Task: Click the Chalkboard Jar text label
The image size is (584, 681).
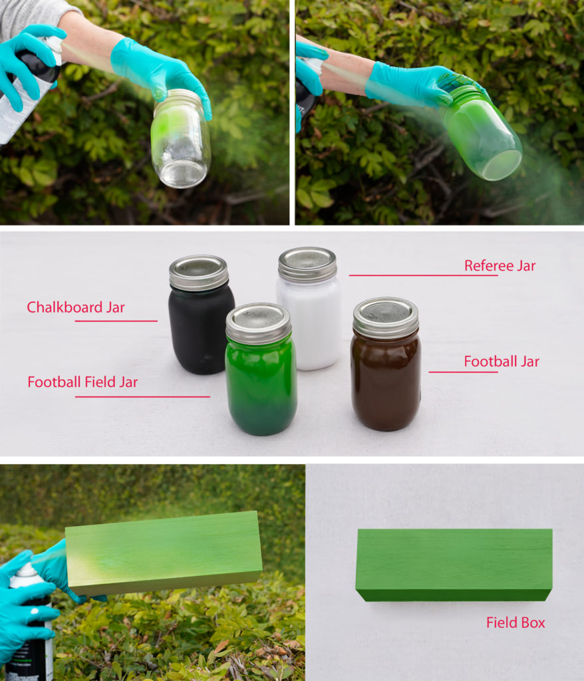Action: [76, 307]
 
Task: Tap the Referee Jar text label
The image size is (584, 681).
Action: [500, 265]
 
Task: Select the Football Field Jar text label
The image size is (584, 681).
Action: [82, 382]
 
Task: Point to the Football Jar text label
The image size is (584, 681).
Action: [502, 361]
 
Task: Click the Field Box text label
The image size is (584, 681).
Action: [515, 622]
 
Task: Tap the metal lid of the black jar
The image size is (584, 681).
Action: [199, 272]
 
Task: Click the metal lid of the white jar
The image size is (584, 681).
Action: [307, 263]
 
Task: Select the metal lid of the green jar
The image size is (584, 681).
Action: [259, 323]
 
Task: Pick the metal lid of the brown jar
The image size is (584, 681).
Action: [385, 317]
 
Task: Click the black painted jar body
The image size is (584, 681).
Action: [201, 329]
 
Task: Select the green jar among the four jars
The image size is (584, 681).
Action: [261, 369]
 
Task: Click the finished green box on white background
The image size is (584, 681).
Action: [454, 565]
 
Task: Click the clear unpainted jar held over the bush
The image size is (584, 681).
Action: [181, 138]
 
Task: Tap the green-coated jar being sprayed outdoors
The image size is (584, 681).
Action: [482, 132]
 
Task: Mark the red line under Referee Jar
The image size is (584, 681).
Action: [423, 275]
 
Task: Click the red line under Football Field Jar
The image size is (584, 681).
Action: [142, 396]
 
